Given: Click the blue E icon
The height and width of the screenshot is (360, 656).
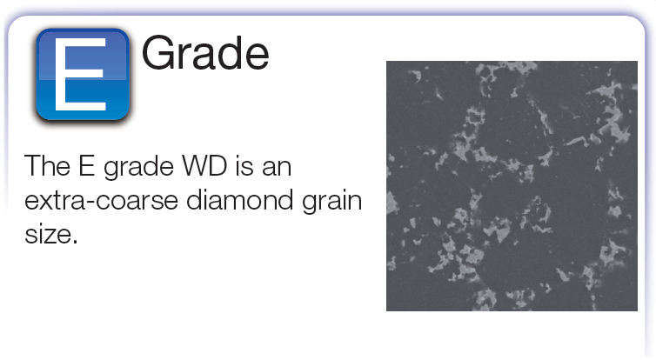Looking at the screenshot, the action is click(83, 75).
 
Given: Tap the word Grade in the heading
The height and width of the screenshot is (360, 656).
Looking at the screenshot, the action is click(205, 53).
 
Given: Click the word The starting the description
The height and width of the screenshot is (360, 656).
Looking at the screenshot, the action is click(47, 166).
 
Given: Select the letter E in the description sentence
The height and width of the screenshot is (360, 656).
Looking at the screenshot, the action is click(87, 166).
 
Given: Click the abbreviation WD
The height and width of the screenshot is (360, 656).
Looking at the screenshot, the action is click(204, 166).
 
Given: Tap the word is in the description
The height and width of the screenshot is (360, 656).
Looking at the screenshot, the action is click(244, 166).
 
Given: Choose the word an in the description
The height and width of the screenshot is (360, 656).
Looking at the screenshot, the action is click(277, 170).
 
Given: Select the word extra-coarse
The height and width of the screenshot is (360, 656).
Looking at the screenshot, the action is click(101, 201).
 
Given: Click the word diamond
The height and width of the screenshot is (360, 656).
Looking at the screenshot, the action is click(239, 199).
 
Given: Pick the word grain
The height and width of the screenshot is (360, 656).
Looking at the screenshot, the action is click(331, 203).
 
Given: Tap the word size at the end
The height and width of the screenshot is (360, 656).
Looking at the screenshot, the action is click(48, 233).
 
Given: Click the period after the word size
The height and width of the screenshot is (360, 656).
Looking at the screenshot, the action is click(75, 242).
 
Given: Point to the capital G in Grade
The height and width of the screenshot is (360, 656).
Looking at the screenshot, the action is click(157, 53).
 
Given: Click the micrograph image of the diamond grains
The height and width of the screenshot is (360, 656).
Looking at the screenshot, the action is click(512, 186).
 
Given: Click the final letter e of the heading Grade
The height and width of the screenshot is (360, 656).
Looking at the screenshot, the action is click(258, 58).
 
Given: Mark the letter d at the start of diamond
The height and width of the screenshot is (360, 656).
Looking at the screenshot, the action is click(195, 199).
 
